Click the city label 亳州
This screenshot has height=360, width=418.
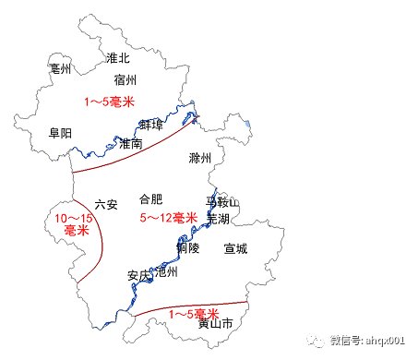point(63,68)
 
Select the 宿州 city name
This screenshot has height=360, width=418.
point(125,80)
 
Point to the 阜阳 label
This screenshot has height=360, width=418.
point(61,133)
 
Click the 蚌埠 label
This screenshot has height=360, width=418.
point(151,125)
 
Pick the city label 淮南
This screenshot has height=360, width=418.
point(131,144)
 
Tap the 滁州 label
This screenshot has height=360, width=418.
point(199,158)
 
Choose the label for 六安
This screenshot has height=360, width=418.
point(106,204)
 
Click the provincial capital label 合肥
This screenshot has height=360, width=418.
point(150,198)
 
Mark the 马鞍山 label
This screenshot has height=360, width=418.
point(221,201)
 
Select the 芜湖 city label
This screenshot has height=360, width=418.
point(218,219)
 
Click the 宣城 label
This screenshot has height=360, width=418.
point(235,248)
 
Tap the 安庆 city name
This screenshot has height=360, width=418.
point(139,274)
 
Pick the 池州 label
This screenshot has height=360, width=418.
point(167,272)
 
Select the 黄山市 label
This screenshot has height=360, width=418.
point(215,324)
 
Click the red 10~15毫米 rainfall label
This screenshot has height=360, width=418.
point(71,224)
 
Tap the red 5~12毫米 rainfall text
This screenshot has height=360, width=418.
point(169,218)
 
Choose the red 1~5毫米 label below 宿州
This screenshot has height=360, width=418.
point(109,101)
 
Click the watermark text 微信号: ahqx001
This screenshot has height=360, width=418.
point(365,339)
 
